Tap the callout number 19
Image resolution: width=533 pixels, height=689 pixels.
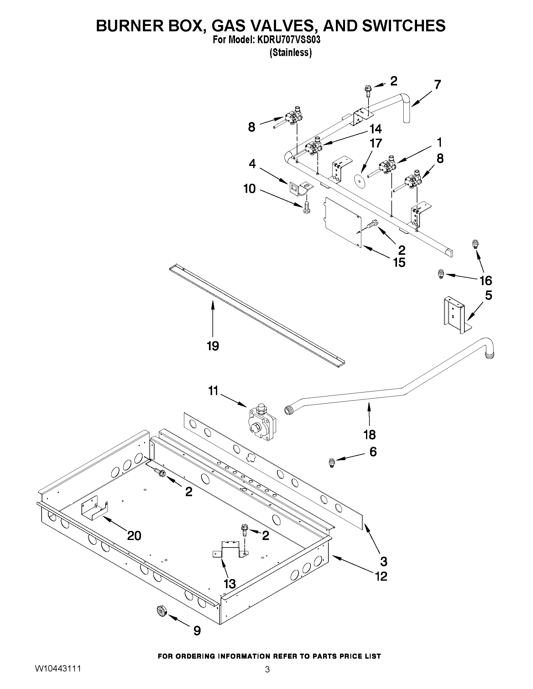point(213,346)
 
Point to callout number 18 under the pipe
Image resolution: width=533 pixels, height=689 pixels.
point(369,435)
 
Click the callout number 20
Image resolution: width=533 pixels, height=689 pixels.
point(134,535)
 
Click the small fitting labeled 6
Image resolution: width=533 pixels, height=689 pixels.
point(332,463)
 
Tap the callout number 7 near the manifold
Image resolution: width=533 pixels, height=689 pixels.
point(437,85)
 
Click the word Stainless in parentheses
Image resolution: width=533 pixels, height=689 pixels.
point(290,52)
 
